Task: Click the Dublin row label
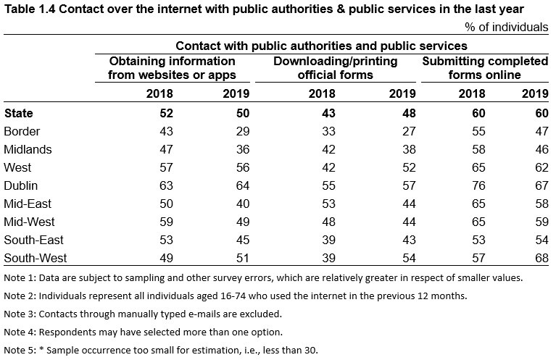point(20,185)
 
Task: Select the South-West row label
point(33,258)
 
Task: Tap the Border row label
point(22,131)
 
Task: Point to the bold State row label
point(19,113)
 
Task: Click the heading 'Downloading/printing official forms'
point(335,68)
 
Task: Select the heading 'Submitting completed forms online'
point(484,68)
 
